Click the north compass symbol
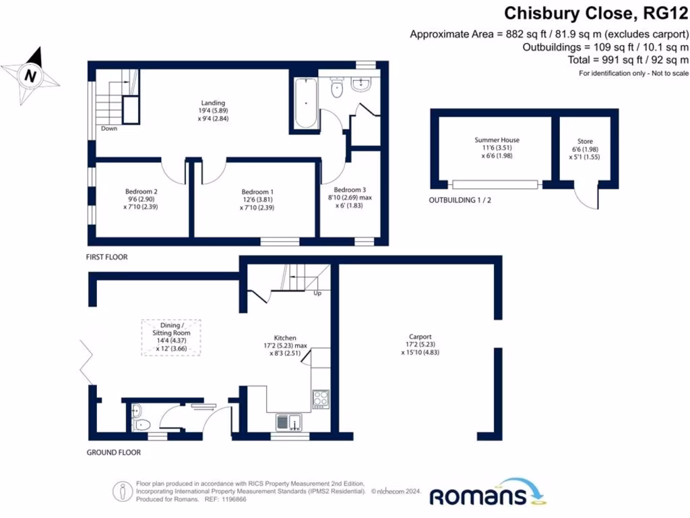tap(30, 76)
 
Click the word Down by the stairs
tap(109, 128)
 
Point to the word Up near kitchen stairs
tap(317, 293)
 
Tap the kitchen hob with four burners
tap(320, 399)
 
